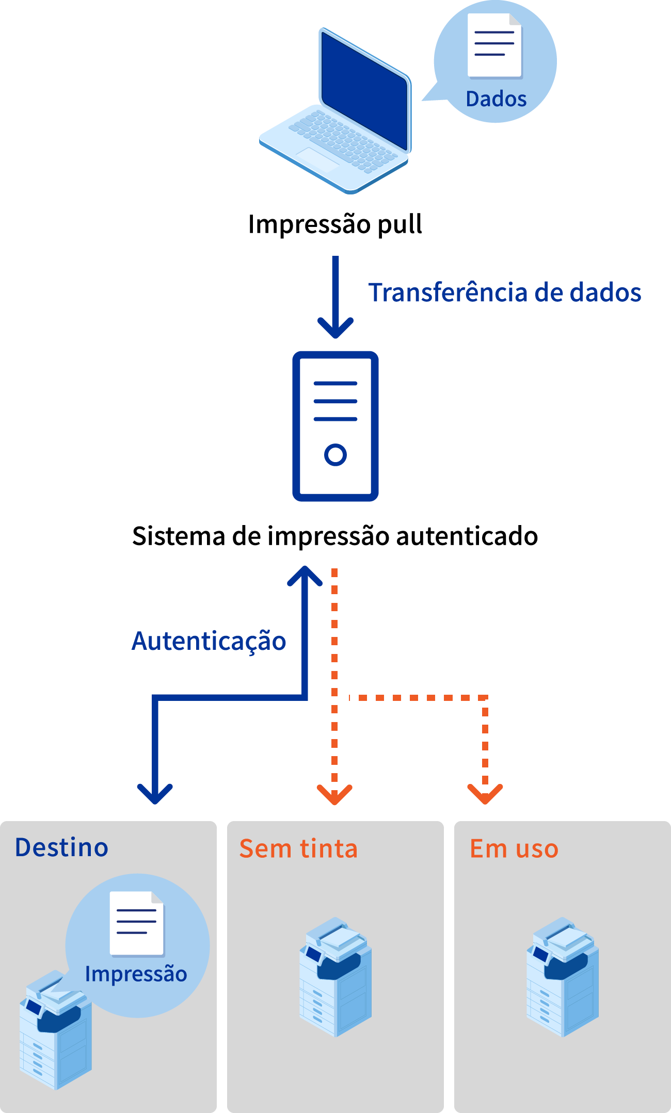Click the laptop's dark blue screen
[364, 90]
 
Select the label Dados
[496, 99]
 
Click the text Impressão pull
[335, 224]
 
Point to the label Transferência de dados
[504, 292]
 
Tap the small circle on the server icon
[335, 455]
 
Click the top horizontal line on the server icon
[335, 384]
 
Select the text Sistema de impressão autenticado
[335, 536]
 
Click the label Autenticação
[209, 641]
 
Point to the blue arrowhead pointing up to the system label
[305, 575]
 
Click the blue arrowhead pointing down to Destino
[155, 793]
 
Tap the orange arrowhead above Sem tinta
[334, 794]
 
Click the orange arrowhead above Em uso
[485, 794]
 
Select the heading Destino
[62, 848]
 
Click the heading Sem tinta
[298, 849]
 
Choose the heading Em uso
[514, 849]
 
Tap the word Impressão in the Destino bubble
[136, 974]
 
